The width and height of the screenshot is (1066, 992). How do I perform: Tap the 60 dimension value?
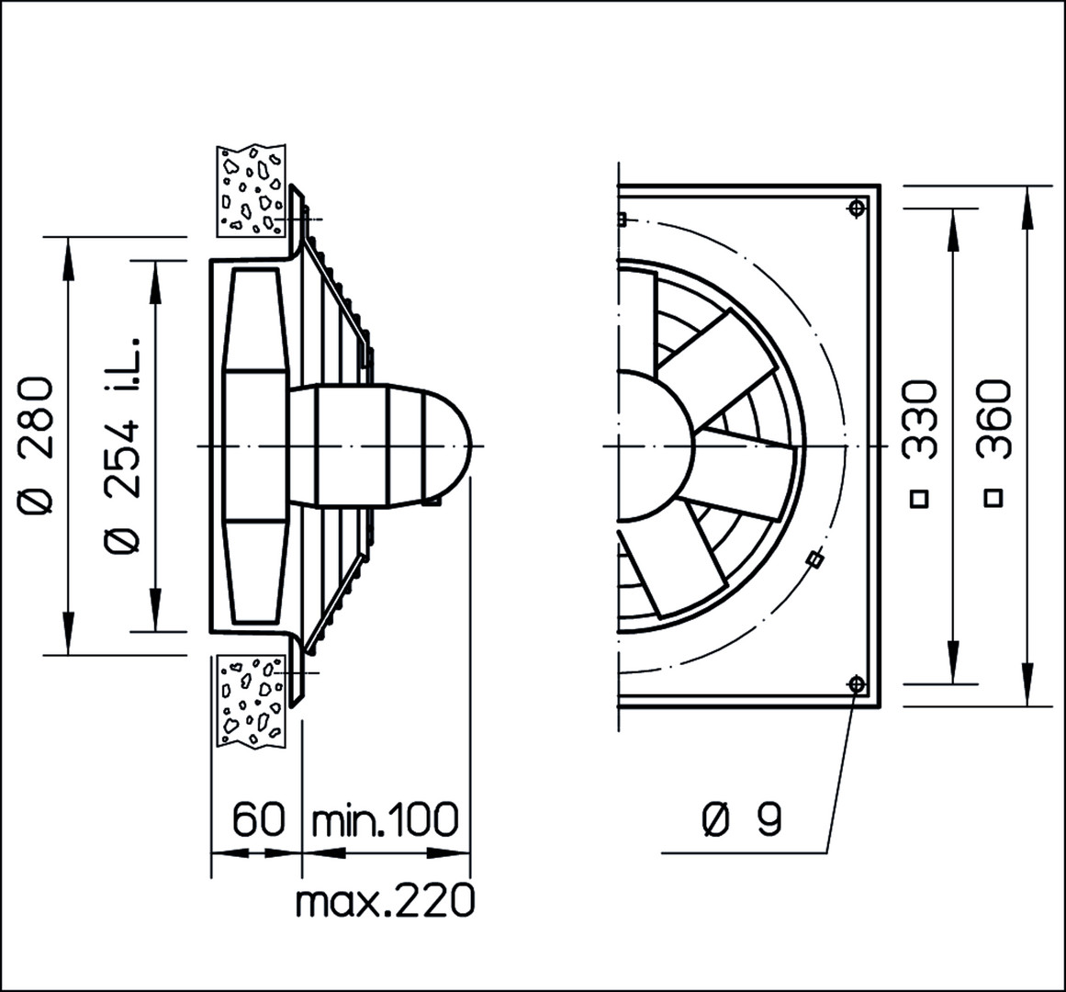click(x=258, y=819)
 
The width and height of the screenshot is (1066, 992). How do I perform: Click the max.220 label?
click(x=386, y=900)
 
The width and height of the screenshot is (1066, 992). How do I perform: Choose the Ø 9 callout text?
click(x=742, y=819)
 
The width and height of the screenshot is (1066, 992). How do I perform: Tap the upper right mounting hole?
click(x=857, y=207)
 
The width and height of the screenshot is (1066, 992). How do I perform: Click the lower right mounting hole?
click(x=857, y=683)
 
